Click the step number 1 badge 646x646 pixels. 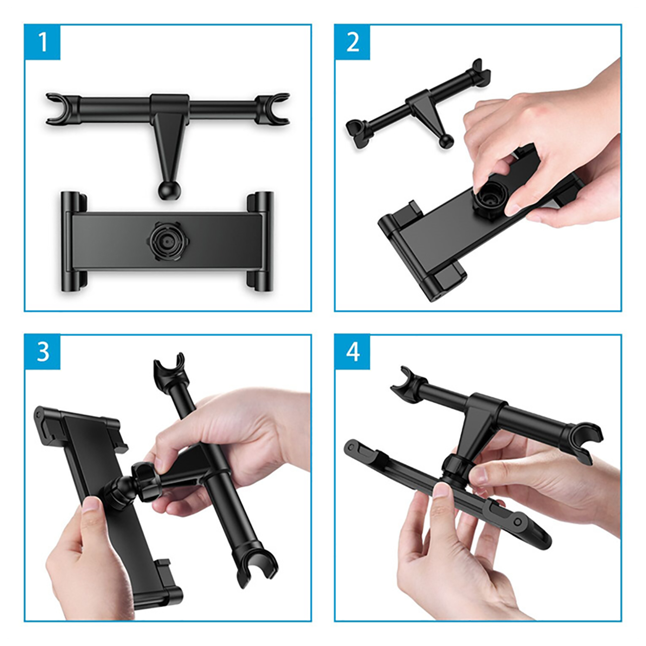tap(43, 42)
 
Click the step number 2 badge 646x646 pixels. tap(352, 42)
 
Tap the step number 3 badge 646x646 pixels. tap(43, 352)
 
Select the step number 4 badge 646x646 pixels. tap(352, 352)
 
